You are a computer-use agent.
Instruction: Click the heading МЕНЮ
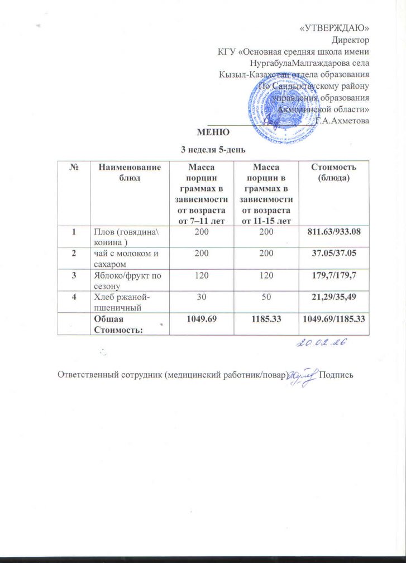(x=213, y=132)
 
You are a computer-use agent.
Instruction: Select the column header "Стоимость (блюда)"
(x=333, y=171)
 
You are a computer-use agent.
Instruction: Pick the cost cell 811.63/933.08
(x=333, y=231)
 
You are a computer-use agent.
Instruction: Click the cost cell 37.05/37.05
(x=333, y=252)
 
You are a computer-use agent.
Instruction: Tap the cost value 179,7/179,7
(x=333, y=274)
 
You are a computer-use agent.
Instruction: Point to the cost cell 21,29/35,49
(x=333, y=296)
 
